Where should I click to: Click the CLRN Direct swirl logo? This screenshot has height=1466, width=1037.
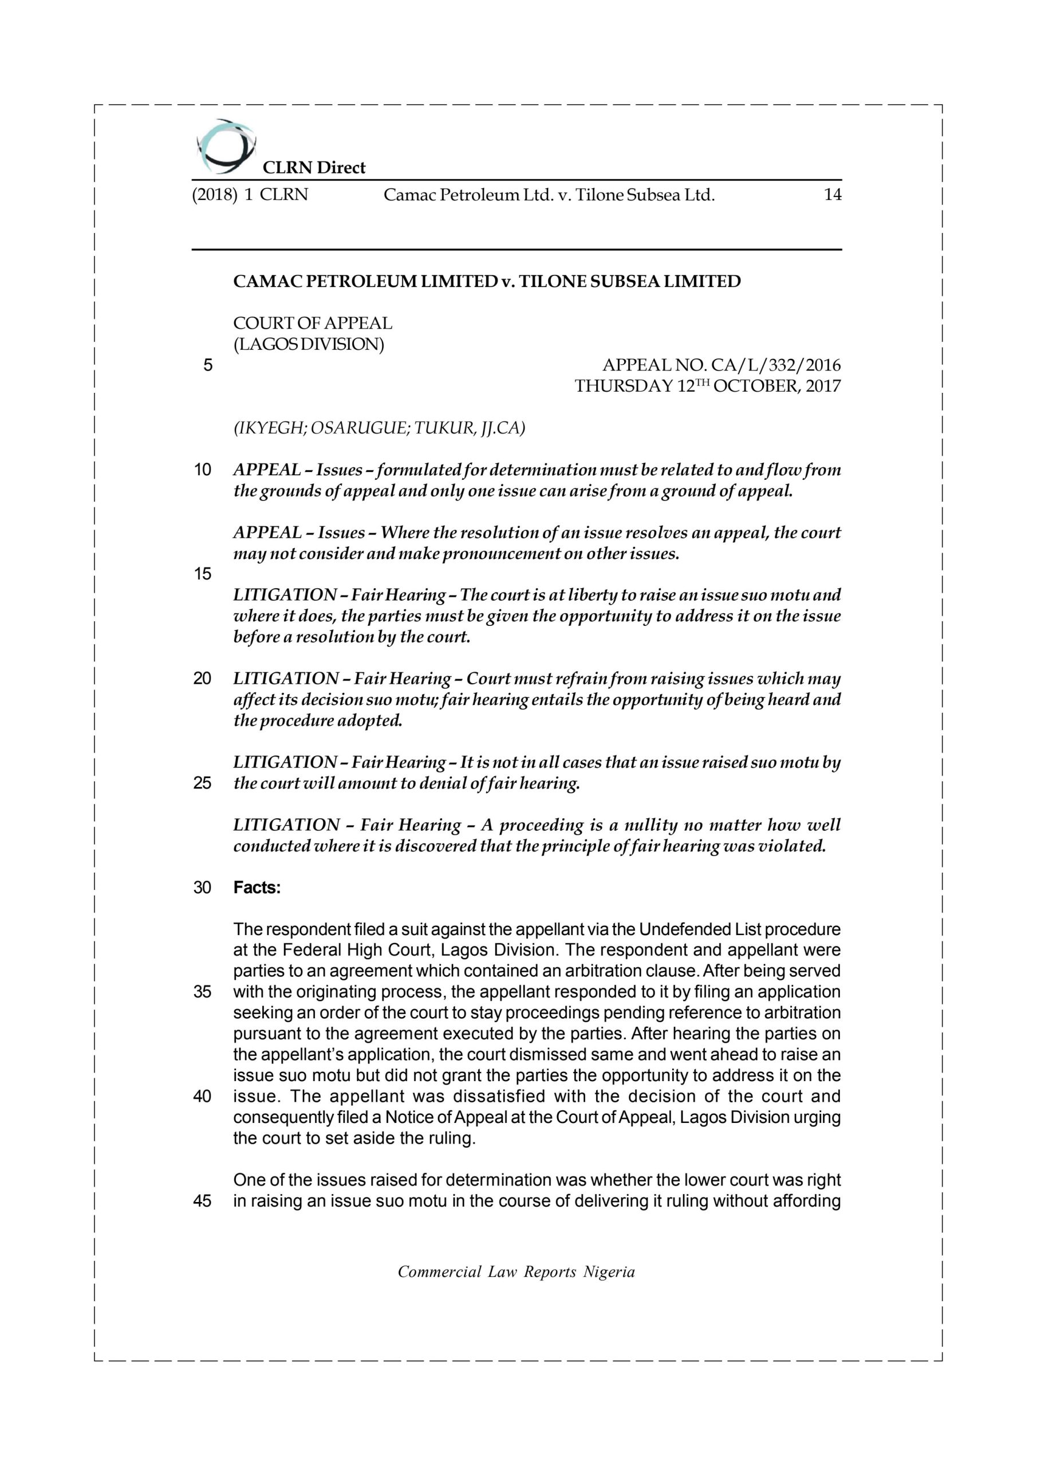click(x=225, y=146)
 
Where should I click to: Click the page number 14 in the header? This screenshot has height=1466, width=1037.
click(x=832, y=195)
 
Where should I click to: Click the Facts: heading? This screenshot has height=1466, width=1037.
click(x=257, y=888)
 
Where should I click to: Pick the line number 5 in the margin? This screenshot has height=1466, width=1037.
click(x=207, y=365)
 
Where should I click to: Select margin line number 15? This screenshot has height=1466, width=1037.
click(x=203, y=574)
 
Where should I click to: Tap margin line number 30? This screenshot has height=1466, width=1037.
click(x=203, y=888)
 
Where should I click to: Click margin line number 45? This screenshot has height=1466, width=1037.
click(x=203, y=1201)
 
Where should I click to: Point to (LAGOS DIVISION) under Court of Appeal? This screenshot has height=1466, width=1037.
click(x=309, y=344)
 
